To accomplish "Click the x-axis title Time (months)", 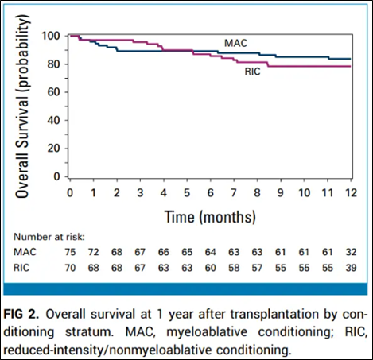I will [x=210, y=215].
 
